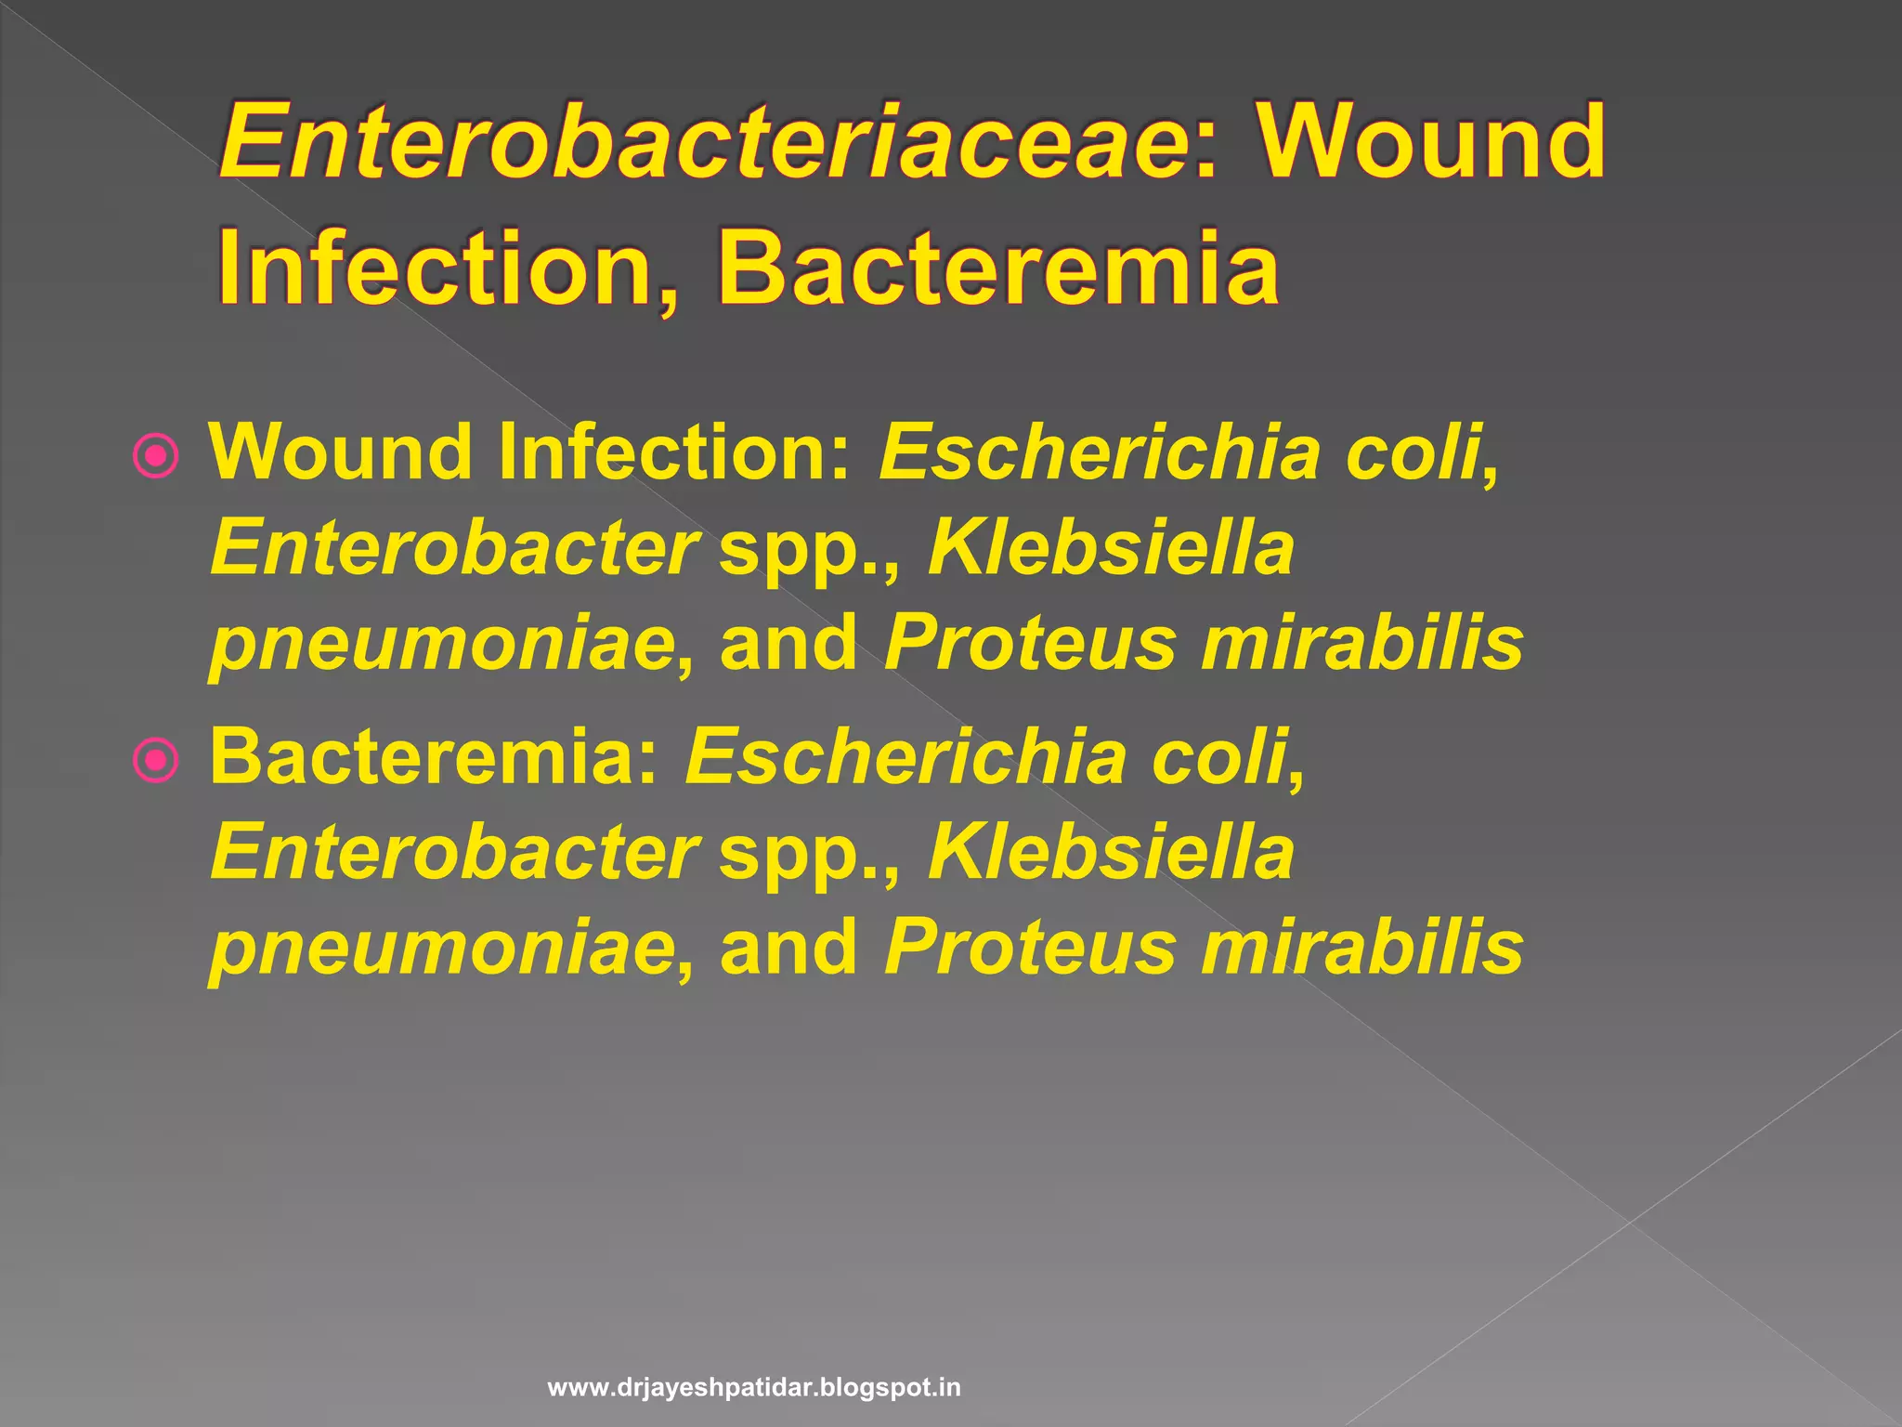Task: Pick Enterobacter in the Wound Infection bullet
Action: (x=455, y=548)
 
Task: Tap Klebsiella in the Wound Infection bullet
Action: (x=1111, y=548)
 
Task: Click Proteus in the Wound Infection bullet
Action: (x=1031, y=643)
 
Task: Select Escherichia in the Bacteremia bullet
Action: (x=905, y=756)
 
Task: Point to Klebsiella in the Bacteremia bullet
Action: (x=1111, y=852)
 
